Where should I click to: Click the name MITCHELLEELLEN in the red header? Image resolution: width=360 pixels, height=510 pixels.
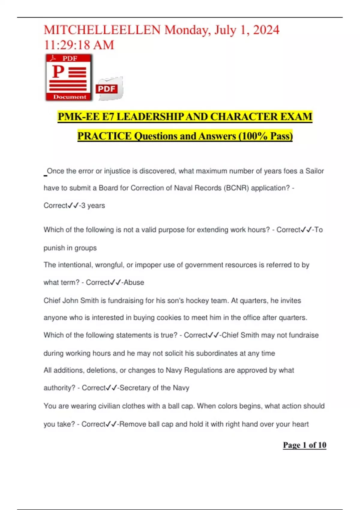[102, 30]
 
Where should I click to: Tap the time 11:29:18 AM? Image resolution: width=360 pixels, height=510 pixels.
[79, 45]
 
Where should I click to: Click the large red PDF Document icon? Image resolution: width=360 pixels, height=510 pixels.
[69, 77]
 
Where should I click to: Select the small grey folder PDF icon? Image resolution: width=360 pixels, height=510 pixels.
[109, 88]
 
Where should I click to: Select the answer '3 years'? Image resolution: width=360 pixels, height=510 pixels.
[93, 206]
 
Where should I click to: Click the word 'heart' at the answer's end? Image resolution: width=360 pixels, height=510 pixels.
[300, 424]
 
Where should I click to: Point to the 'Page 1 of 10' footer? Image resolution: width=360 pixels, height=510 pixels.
[304, 445]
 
